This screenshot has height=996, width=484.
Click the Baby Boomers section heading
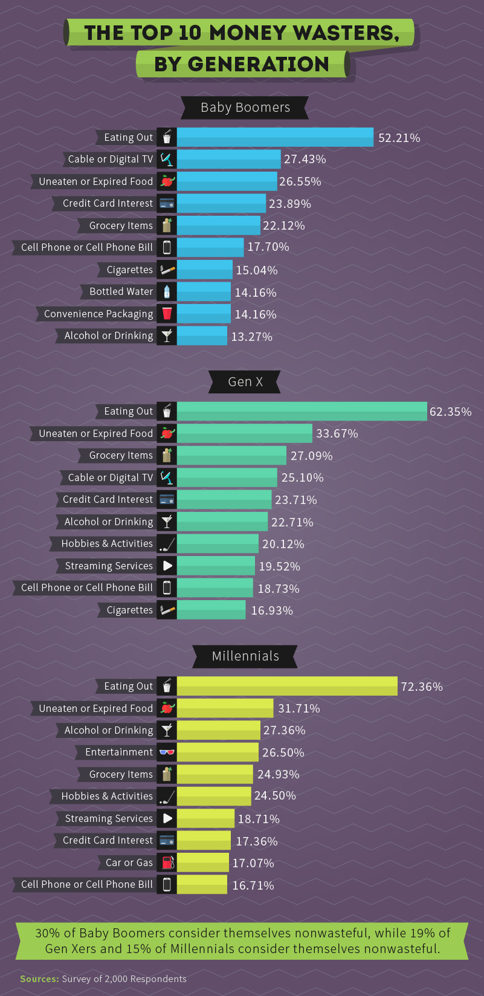click(x=245, y=108)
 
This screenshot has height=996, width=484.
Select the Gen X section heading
click(x=245, y=382)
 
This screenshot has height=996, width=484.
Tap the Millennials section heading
click(x=245, y=656)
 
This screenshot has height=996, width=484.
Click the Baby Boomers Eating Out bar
click(x=275, y=137)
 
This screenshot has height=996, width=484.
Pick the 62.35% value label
click(x=450, y=412)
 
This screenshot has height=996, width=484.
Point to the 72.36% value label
click(x=422, y=687)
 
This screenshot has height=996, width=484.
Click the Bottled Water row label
click(x=121, y=292)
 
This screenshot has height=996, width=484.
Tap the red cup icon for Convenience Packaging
click(x=167, y=314)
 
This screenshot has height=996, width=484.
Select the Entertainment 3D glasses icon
click(x=167, y=752)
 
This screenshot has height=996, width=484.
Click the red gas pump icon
click(x=167, y=862)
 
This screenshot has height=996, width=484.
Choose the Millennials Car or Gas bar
click(x=203, y=862)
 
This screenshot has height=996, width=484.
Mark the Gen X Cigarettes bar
click(x=211, y=610)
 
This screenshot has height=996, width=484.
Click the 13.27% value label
click(x=251, y=337)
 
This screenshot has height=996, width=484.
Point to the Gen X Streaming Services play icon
click(x=167, y=566)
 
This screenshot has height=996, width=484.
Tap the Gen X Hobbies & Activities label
click(x=106, y=544)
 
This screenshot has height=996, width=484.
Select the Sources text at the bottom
click(x=103, y=978)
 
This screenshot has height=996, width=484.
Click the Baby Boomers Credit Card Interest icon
click(x=167, y=204)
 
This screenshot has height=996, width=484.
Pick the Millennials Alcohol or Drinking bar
click(x=219, y=730)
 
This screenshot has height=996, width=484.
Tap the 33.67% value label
click(x=337, y=434)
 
